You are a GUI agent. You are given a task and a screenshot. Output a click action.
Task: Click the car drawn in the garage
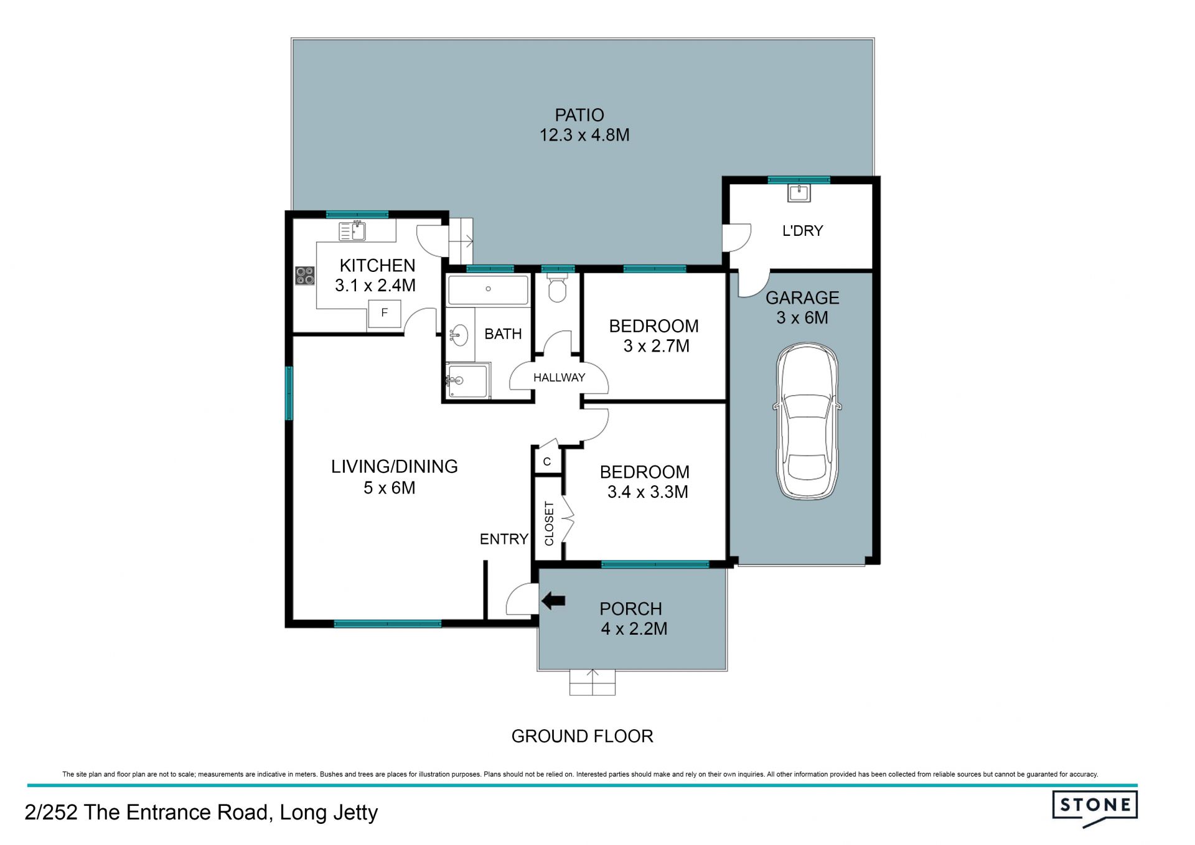pos(807,421)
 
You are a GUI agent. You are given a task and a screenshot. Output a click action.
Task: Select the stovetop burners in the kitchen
pos(305,276)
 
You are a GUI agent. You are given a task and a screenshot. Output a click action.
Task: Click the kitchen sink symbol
pos(352,231)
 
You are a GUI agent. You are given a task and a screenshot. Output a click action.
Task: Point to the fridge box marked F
pos(384,313)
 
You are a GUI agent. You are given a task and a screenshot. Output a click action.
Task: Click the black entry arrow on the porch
pos(553,601)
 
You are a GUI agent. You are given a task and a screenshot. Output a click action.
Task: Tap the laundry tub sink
pos(799,193)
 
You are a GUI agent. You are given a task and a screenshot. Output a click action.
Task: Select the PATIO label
pos(579,115)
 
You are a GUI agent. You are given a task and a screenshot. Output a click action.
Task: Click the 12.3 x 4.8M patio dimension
pos(584,135)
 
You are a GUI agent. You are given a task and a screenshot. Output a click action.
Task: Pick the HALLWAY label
pos(559,378)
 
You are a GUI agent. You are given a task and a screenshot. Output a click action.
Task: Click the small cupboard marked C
pos(548,462)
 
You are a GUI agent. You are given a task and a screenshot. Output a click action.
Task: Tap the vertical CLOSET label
pos(549,523)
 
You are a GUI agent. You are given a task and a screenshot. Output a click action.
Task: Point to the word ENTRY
pos(504,539)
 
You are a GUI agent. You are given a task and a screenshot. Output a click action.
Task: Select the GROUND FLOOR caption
pos(582,736)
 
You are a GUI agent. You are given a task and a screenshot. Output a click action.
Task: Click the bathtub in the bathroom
pos(488,289)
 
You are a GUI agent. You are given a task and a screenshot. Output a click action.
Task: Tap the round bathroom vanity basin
pos(459,335)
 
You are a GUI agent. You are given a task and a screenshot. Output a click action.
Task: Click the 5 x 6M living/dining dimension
pos(390,488)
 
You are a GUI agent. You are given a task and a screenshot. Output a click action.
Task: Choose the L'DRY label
pos(802,231)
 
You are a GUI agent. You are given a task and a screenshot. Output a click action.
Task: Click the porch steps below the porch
pos(593,683)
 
